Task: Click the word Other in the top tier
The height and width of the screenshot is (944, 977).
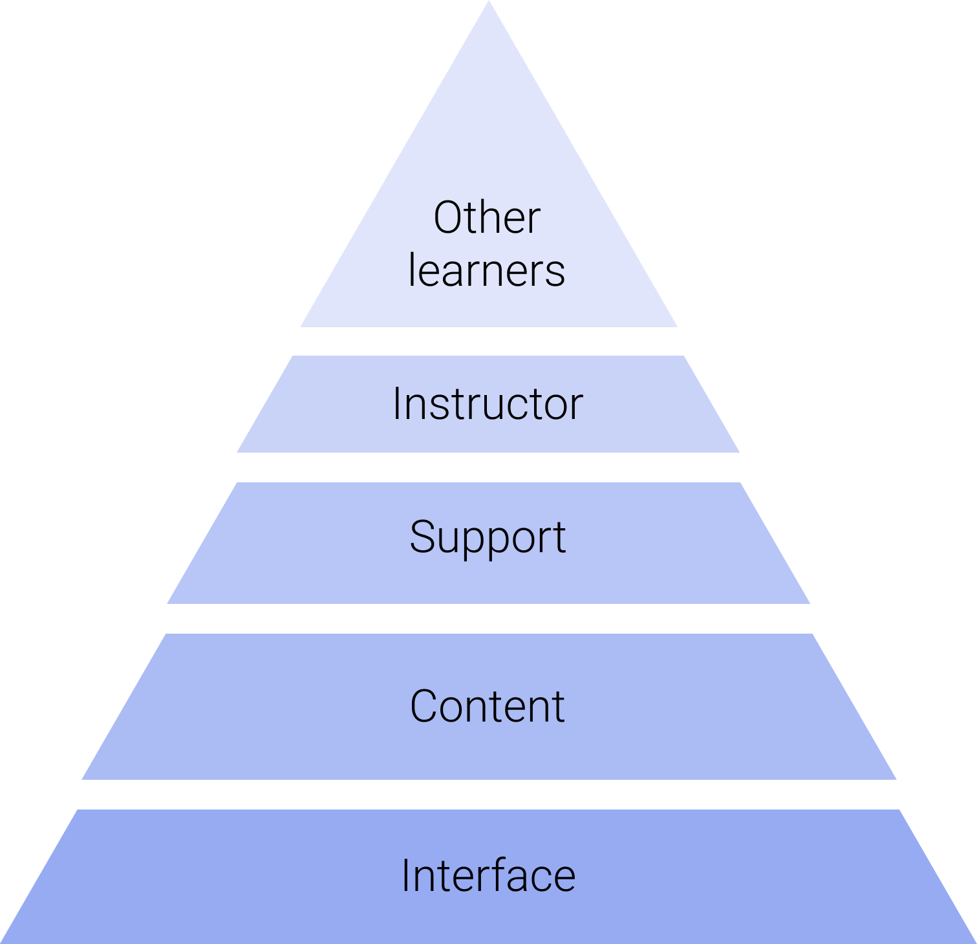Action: (487, 218)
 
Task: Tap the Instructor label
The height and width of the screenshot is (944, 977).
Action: (488, 404)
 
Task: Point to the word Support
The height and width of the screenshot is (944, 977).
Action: (488, 537)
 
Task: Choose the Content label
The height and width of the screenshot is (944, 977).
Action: (488, 706)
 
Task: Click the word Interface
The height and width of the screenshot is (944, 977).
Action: (488, 875)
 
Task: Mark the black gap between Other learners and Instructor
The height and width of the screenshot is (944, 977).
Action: (489, 341)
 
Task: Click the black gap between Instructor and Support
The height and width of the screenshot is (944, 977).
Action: (489, 467)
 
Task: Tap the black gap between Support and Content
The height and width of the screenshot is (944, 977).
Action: (489, 619)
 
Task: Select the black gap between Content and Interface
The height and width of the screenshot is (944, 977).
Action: (489, 794)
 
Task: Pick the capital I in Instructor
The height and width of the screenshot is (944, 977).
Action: (396, 404)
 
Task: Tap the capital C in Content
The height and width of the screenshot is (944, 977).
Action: (424, 706)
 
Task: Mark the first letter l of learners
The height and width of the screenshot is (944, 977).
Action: (411, 270)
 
